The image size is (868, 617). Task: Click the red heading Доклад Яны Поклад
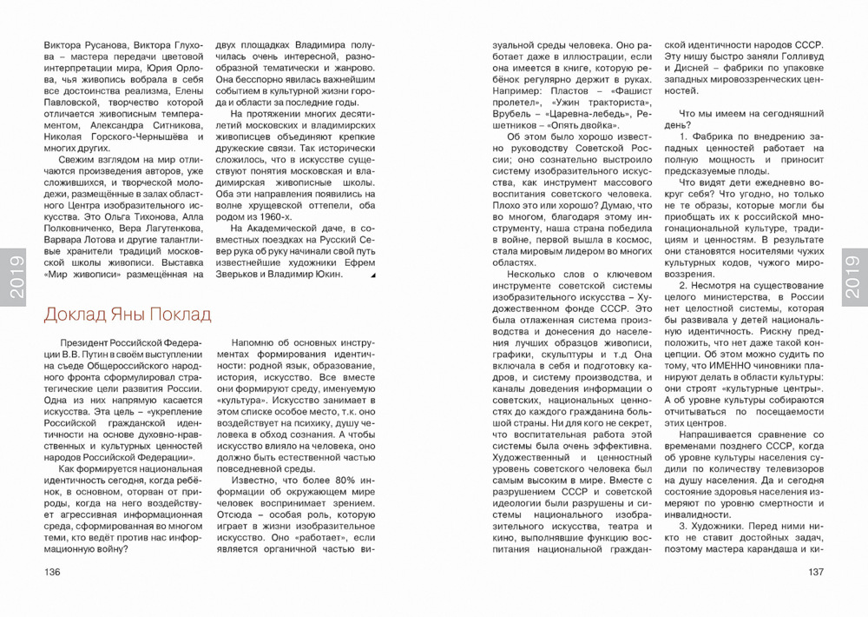127,314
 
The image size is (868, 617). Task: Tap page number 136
52,572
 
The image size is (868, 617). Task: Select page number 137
815,572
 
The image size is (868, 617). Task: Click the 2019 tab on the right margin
853,276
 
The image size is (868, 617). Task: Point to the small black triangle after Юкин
373,275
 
